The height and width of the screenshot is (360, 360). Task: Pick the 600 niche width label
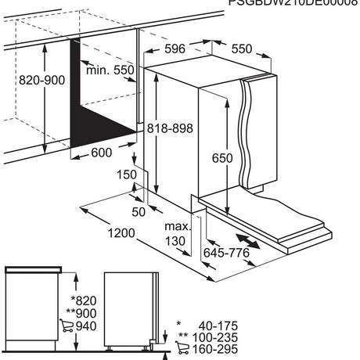point(100,153)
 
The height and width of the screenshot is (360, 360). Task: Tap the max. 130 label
point(176,233)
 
